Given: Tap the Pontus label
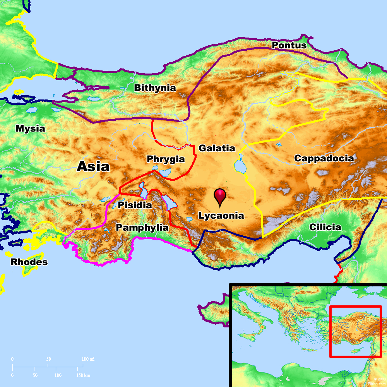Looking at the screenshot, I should (289, 45).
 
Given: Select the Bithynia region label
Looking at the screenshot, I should (155, 88).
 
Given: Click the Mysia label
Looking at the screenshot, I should (30, 128).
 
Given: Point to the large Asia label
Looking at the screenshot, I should (93, 166).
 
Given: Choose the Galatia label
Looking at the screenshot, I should (217, 148).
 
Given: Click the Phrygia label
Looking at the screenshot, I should (166, 159).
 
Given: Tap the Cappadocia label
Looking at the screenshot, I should (324, 158).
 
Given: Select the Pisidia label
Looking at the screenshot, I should (135, 205).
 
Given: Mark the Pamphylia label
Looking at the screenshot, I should (142, 228).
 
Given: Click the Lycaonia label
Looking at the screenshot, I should (221, 216).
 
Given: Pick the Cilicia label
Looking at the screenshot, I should (325, 227).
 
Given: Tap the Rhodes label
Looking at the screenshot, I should (29, 262).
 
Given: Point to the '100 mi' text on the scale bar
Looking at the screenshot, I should (88, 359).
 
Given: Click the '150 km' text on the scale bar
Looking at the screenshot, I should (83, 375).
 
